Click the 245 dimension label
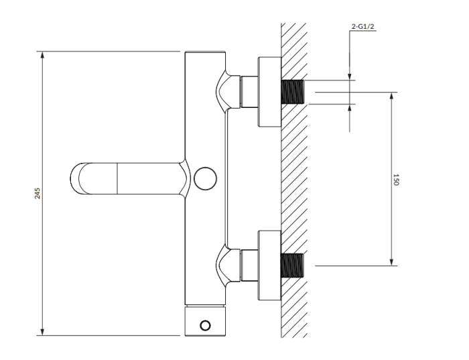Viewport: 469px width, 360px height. [x=38, y=194]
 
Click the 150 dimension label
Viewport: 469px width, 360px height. [x=396, y=180]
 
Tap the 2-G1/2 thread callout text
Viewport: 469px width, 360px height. [x=362, y=27]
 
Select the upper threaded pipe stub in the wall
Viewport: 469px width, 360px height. [x=293, y=92]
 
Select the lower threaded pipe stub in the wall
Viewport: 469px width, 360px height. [x=293, y=265]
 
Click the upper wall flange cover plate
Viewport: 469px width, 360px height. [x=269, y=92]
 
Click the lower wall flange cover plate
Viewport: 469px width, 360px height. [x=269, y=265]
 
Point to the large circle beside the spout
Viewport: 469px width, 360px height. [x=205, y=178]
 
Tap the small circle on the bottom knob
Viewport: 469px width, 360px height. [x=205, y=325]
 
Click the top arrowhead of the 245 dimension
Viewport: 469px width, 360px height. [x=42, y=55]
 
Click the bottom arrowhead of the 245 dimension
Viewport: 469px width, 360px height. [x=42, y=332]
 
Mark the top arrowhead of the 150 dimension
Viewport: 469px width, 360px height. [x=391, y=96]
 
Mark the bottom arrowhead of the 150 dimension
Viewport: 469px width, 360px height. [x=391, y=262]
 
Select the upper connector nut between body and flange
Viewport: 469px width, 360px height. [x=249, y=92]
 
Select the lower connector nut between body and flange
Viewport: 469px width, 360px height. [x=249, y=265]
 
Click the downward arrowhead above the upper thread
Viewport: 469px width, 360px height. [x=350, y=76]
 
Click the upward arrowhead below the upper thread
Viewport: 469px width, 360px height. [x=350, y=108]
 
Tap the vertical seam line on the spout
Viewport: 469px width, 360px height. [x=117, y=178]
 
